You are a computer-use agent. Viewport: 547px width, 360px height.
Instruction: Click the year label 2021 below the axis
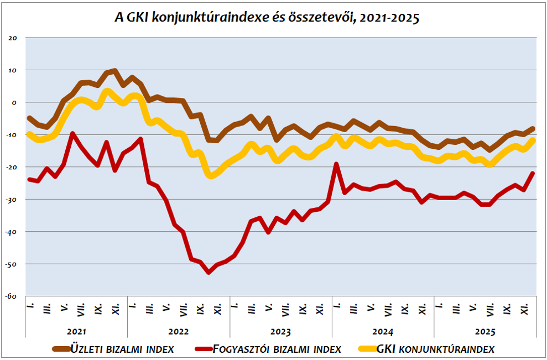tap(76, 332)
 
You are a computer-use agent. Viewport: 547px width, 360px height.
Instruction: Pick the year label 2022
tap(178, 332)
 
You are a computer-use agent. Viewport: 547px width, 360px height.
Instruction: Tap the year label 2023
tap(280, 332)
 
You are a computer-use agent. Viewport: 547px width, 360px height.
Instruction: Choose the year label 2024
tap(383, 332)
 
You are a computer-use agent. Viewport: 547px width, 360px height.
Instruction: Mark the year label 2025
tap(485, 332)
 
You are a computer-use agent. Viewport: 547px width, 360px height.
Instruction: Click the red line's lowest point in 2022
tap(209, 272)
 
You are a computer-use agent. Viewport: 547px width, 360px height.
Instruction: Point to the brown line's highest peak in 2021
tap(114, 71)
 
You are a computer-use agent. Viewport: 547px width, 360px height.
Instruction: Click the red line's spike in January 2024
tap(336, 164)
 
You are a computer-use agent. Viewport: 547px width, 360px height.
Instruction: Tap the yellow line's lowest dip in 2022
tap(211, 175)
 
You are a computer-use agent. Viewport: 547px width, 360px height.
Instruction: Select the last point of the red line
tap(533, 173)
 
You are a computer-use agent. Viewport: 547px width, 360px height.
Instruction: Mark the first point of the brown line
tap(29, 118)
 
